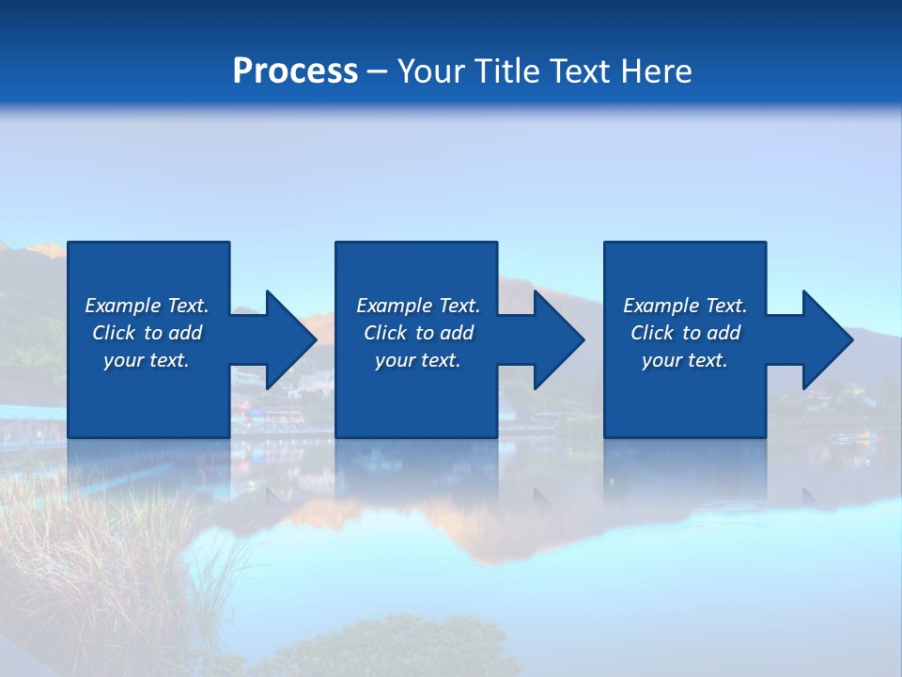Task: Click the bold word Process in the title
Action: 295,71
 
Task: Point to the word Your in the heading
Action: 430,71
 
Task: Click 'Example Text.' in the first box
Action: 147,306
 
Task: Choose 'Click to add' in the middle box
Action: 418,333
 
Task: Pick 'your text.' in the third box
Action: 685,360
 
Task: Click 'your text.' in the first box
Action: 147,360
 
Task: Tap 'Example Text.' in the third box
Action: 685,306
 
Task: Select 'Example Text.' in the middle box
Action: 418,306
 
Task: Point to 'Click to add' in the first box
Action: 147,333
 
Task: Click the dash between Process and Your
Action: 377,72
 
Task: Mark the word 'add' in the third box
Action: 723,333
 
